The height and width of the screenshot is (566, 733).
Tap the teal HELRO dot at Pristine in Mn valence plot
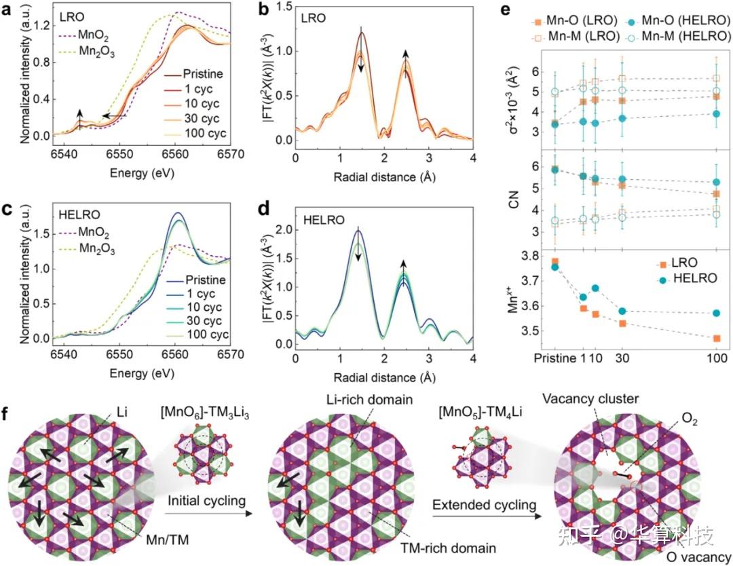(x=556, y=267)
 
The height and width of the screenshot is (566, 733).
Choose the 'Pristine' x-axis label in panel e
(x=555, y=358)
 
